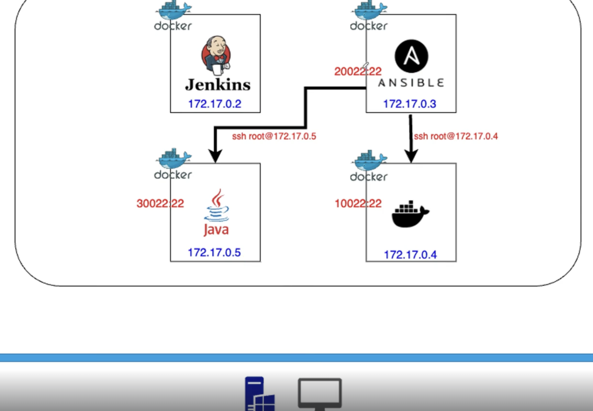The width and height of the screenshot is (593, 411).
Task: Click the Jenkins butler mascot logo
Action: pyautogui.click(x=216, y=55)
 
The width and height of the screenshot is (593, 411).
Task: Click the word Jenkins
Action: pyautogui.click(x=218, y=85)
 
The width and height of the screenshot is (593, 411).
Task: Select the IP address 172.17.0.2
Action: pyautogui.click(x=215, y=104)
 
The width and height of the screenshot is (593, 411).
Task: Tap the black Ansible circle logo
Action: pyautogui.click(x=411, y=56)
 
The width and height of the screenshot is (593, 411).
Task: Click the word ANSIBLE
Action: pyautogui.click(x=411, y=83)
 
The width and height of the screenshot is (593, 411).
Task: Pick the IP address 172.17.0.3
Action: pyautogui.click(x=409, y=104)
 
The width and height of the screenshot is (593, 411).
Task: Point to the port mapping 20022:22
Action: pyautogui.click(x=358, y=72)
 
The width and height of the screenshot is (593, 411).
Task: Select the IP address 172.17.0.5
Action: pyautogui.click(x=214, y=252)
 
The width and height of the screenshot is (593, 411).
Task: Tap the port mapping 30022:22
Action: pyautogui.click(x=160, y=204)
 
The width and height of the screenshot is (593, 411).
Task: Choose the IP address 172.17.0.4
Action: pyautogui.click(x=410, y=255)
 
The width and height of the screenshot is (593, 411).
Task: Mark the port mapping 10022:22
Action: pyautogui.click(x=358, y=204)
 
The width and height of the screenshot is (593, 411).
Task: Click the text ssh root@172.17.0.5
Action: pyautogui.click(x=274, y=136)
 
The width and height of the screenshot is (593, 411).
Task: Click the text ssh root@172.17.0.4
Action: pyautogui.click(x=456, y=136)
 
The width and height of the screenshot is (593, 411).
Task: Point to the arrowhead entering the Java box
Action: pyautogui.click(x=215, y=156)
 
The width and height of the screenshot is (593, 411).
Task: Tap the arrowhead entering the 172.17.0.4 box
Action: pyautogui.click(x=411, y=156)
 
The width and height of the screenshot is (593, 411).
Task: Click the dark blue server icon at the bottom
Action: pyautogui.click(x=259, y=394)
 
